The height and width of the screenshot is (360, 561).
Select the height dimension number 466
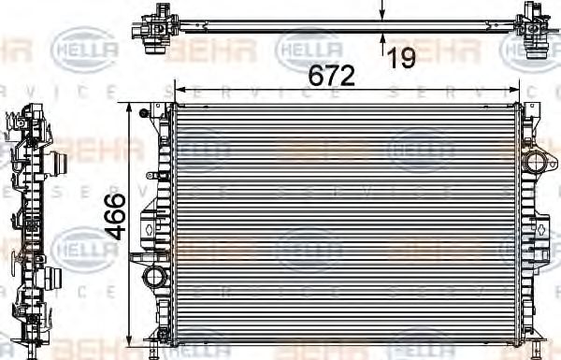coord(115,217)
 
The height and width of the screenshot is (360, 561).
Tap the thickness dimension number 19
coord(401,58)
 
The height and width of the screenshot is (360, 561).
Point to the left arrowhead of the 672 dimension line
coord(179,90)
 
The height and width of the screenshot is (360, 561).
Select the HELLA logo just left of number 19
coord(309,45)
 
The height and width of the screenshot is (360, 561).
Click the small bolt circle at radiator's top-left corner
coord(143,114)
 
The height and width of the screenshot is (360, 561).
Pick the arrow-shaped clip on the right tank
coord(540,228)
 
